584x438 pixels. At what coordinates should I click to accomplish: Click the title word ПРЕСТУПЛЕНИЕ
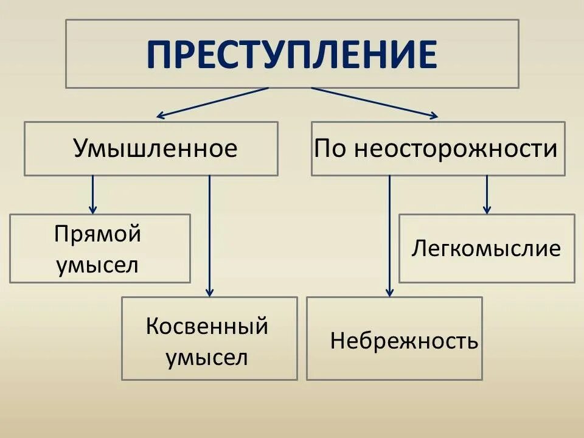[x=292, y=54]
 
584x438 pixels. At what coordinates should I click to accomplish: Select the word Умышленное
[x=155, y=148]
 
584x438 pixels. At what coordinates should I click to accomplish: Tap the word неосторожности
[x=456, y=148]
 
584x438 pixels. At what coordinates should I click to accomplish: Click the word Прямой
[x=97, y=235]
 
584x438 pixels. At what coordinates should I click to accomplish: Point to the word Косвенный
[x=207, y=327]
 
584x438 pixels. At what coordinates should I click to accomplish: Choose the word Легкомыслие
[x=486, y=248]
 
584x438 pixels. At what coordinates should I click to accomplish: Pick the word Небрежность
[x=404, y=341]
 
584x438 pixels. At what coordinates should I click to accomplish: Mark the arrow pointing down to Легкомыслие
[x=487, y=193]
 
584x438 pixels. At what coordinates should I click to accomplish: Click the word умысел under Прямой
[x=97, y=265]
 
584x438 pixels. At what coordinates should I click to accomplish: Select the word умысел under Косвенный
[x=207, y=357]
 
